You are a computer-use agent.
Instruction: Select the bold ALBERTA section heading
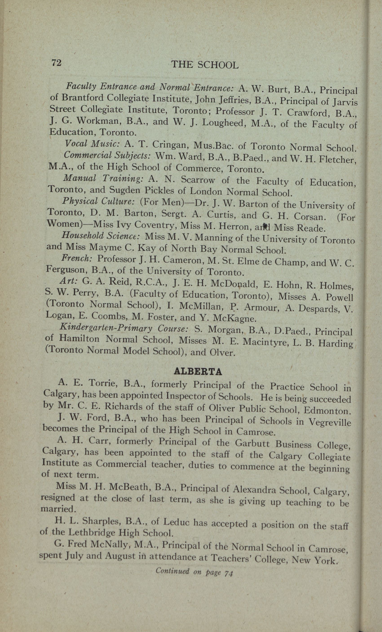click(198, 372)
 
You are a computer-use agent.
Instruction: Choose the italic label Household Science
click(100, 236)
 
